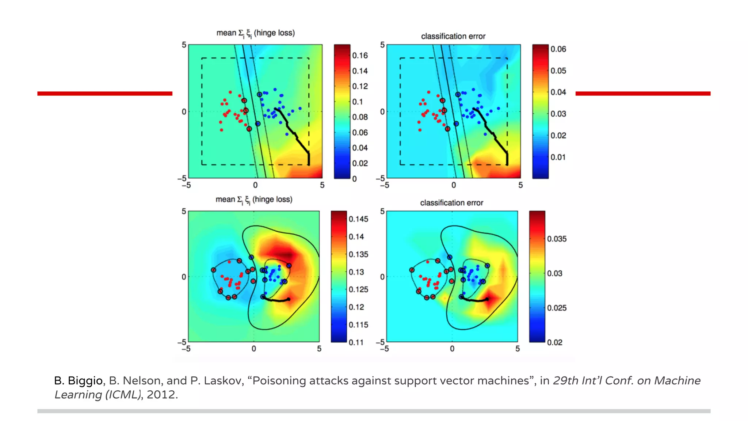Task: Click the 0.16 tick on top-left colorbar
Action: coord(359,56)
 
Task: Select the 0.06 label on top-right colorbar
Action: coord(558,49)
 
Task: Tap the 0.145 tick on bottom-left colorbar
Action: coord(358,219)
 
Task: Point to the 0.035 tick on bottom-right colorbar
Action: coord(556,239)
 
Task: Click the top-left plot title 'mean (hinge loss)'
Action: coord(255,33)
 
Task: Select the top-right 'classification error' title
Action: coord(453,36)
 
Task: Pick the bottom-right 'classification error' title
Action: coord(451,203)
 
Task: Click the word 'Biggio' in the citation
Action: coord(85,381)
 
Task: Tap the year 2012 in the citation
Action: coord(161,395)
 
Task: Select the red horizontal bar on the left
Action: coord(104,94)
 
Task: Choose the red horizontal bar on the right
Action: coord(643,94)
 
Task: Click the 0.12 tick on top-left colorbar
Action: coord(359,86)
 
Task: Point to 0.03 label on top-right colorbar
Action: coord(558,114)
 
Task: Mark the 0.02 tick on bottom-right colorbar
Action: coord(554,342)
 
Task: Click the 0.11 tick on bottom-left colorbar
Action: coord(356,342)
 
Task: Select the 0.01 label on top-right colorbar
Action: coord(558,157)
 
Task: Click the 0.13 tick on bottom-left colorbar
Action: coord(356,272)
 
